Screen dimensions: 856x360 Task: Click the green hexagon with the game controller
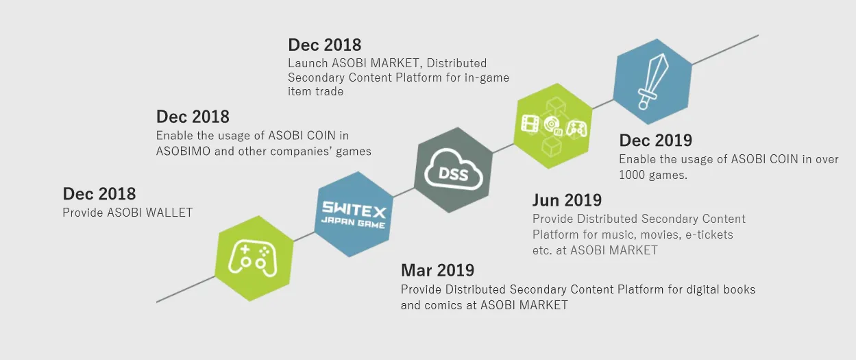coord(254,259)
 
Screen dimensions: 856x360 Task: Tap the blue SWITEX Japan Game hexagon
coord(354,214)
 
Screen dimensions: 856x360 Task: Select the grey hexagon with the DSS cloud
coord(453,170)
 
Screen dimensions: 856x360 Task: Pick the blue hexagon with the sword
coord(652,82)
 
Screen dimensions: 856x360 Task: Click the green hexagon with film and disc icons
coord(553,125)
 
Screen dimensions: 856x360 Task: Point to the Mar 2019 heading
coord(437,270)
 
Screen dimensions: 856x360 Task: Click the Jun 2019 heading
coord(567,200)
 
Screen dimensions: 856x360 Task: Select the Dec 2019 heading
coord(656,141)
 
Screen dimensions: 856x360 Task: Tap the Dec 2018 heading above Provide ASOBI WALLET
coord(99,194)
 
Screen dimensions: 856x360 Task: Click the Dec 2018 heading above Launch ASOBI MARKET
coord(324,45)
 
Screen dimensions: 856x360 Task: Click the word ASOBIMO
coord(183,152)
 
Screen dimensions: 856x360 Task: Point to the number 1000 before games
coord(633,175)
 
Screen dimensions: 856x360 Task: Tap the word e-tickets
coord(709,235)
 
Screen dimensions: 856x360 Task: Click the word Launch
coord(308,63)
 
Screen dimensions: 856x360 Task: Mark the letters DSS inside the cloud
coord(453,174)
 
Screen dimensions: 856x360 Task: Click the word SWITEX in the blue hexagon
coord(354,208)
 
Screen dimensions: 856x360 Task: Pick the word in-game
coord(487,78)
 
